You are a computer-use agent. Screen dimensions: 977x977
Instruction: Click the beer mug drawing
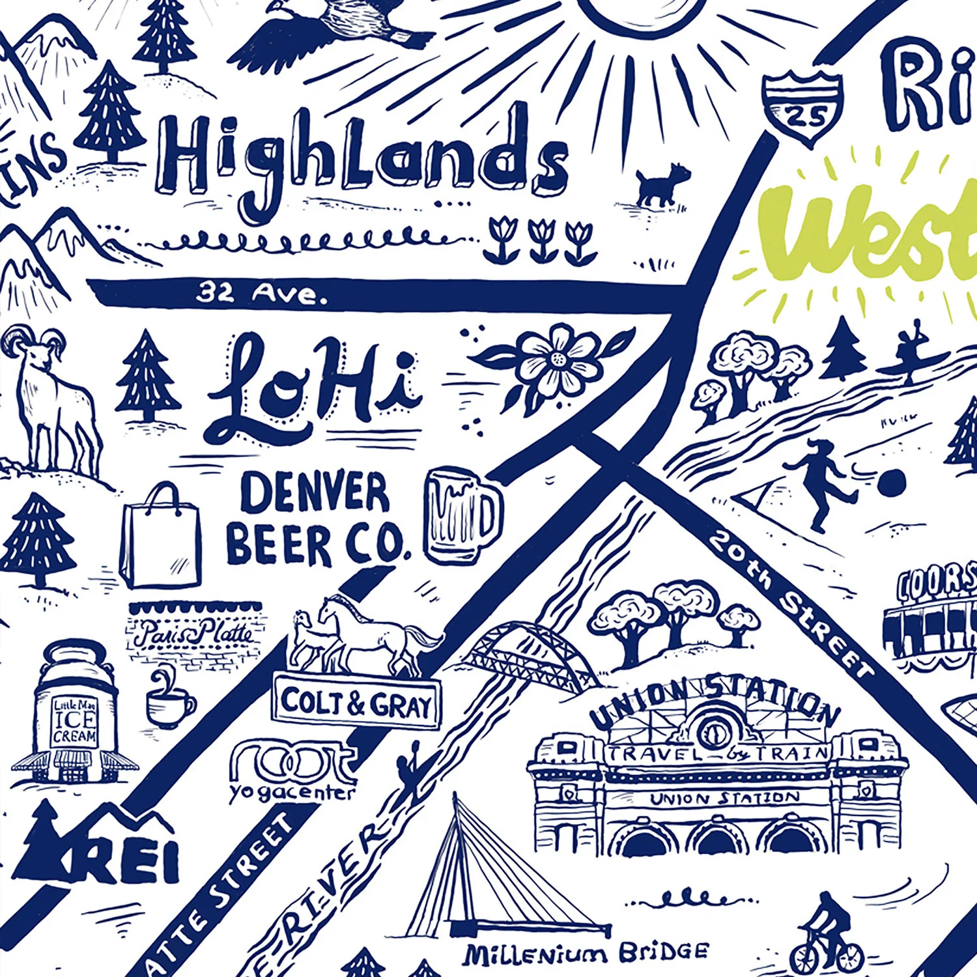pos(462,515)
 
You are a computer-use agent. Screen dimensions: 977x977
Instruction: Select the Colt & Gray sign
pos(357,703)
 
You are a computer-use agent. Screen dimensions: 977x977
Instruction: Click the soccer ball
pos(891,484)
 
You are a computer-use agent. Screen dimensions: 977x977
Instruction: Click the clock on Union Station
pos(712,732)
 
